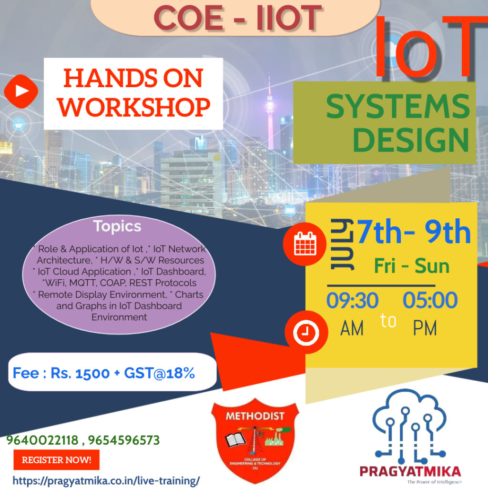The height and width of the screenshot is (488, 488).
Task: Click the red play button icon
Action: [21, 91]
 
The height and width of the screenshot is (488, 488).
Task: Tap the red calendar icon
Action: [305, 244]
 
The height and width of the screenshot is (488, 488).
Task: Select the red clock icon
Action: [306, 332]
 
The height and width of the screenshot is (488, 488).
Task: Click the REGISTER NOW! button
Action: [56, 460]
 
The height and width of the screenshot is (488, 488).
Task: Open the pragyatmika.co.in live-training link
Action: [106, 481]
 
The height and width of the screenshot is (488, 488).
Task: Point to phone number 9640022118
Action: [42, 440]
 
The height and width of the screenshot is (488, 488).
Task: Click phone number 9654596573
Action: [124, 440]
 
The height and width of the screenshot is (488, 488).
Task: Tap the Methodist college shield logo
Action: [255, 441]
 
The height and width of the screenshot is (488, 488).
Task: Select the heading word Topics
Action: [117, 226]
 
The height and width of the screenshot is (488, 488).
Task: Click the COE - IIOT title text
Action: [238, 18]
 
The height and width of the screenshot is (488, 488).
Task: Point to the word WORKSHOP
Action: [133, 107]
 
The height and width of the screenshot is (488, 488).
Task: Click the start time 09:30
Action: [352, 300]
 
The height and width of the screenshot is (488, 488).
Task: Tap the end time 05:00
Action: [430, 300]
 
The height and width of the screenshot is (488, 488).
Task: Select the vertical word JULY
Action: [342, 244]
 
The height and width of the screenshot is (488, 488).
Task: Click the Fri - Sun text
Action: [412, 266]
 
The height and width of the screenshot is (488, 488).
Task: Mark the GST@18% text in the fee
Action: [159, 373]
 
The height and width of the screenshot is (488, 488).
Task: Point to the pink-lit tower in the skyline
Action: [270, 115]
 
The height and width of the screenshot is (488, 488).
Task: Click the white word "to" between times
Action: [388, 321]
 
